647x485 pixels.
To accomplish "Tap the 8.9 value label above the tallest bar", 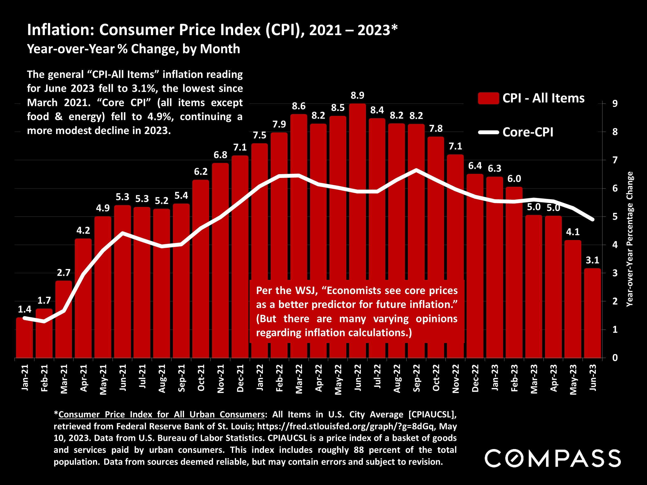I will click(x=357, y=96).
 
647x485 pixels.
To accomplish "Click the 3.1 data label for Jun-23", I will click(x=592, y=260).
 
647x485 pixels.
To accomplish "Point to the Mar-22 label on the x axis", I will click(x=299, y=379).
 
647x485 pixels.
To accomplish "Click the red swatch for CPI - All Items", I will click(x=488, y=98).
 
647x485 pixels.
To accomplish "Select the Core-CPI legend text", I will click(x=528, y=132).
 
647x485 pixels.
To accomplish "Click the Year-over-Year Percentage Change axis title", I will click(x=629, y=239).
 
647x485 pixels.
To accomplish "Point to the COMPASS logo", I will click(x=553, y=458).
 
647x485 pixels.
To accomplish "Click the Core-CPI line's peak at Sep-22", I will click(x=416, y=170).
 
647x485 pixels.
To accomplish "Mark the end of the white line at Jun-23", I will click(x=593, y=220).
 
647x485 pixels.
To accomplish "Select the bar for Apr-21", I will click(x=83, y=298).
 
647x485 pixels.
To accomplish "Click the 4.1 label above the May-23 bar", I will click(x=573, y=232).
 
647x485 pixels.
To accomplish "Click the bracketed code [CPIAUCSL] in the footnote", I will click(x=432, y=415).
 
